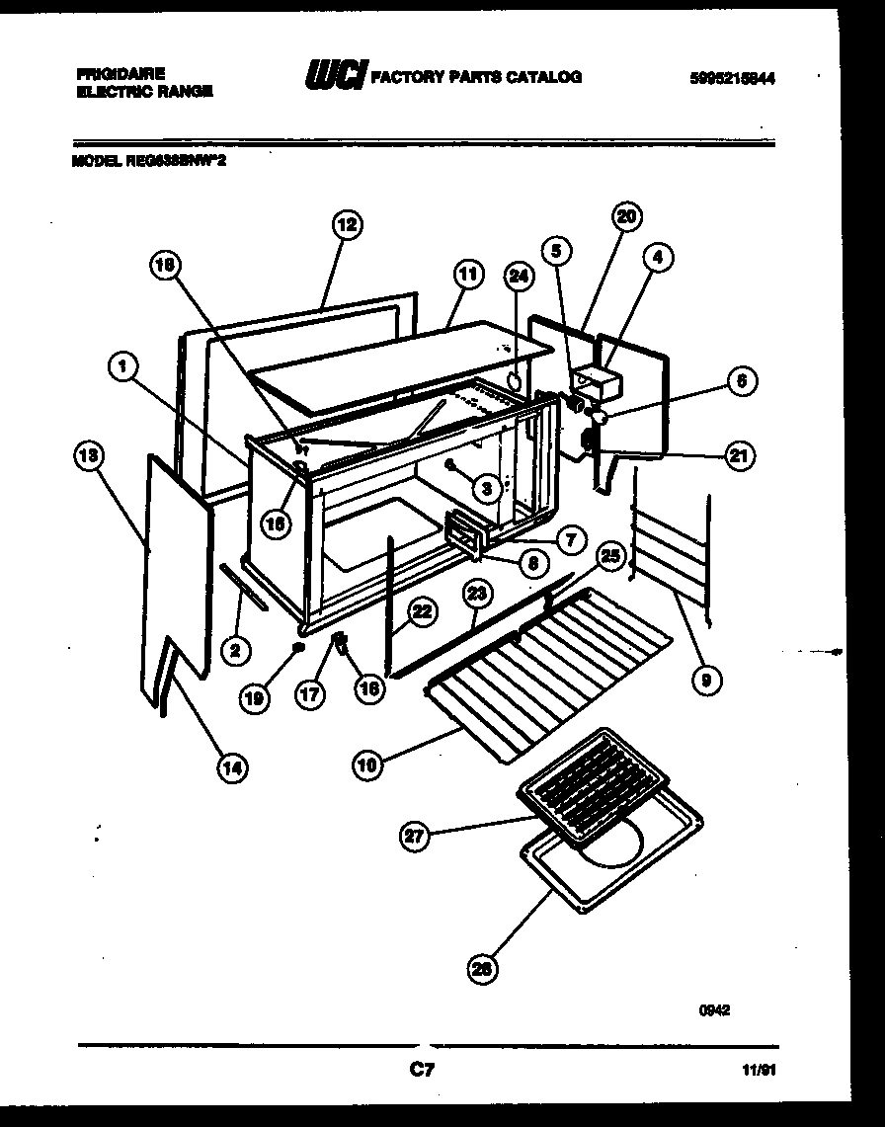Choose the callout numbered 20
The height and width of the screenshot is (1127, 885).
pos(627,216)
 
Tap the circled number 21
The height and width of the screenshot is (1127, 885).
pos(740,455)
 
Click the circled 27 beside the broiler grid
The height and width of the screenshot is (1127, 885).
pos(415,837)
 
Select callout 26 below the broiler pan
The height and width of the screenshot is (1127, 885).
pos(481,970)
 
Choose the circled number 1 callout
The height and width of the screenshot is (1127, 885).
pos(122,369)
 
